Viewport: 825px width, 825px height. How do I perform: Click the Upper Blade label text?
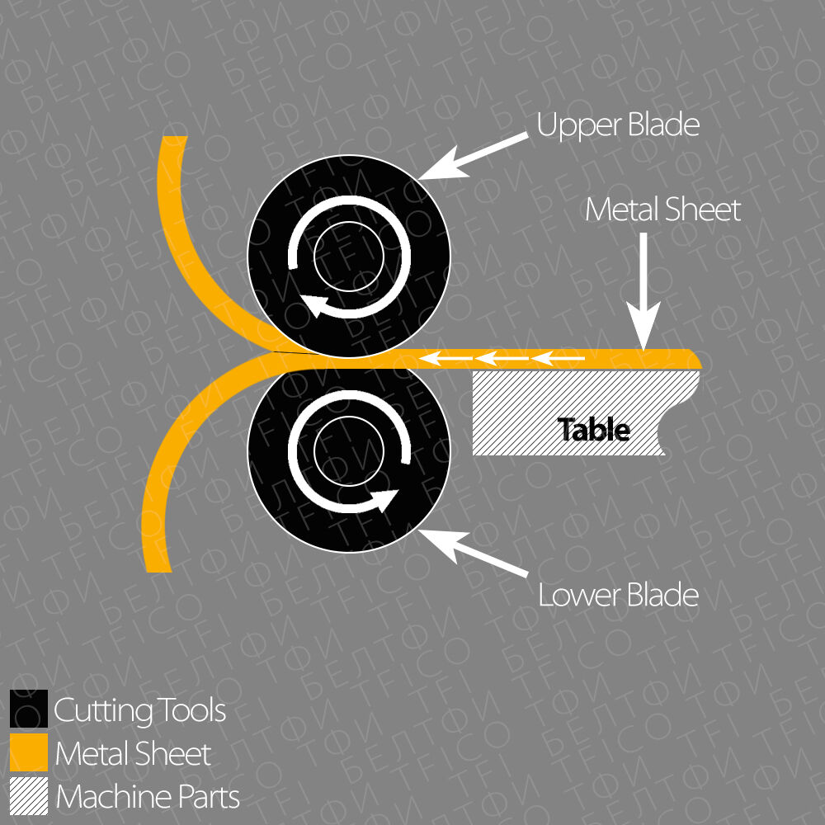(618, 125)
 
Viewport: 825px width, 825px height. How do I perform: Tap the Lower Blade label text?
(618, 595)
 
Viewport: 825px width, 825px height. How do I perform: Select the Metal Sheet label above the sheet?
(662, 210)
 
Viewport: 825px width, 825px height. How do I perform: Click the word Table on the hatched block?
(594, 430)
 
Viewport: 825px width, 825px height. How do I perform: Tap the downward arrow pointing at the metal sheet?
(644, 290)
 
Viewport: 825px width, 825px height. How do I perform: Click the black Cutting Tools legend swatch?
(29, 709)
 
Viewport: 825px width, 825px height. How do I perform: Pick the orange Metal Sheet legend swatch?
(29, 752)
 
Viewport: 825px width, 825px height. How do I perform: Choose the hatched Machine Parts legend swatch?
(29, 796)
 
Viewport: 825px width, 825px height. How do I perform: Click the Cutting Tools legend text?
(139, 710)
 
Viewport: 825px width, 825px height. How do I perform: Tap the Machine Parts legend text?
(147, 798)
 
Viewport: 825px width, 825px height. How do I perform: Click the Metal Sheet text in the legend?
(133, 754)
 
